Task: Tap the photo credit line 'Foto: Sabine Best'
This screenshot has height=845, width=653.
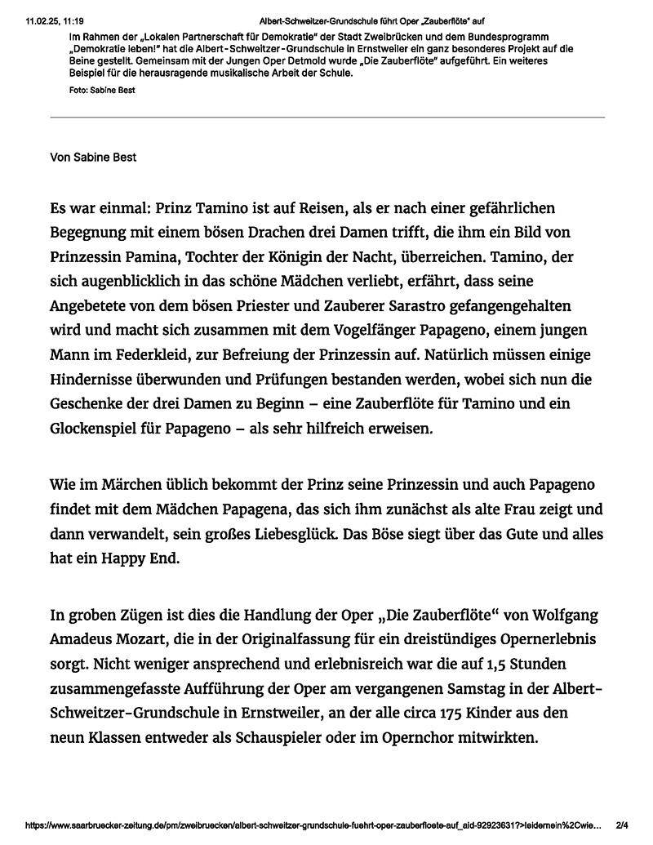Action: (102, 90)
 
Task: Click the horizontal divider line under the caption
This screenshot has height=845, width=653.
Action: (327, 118)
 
